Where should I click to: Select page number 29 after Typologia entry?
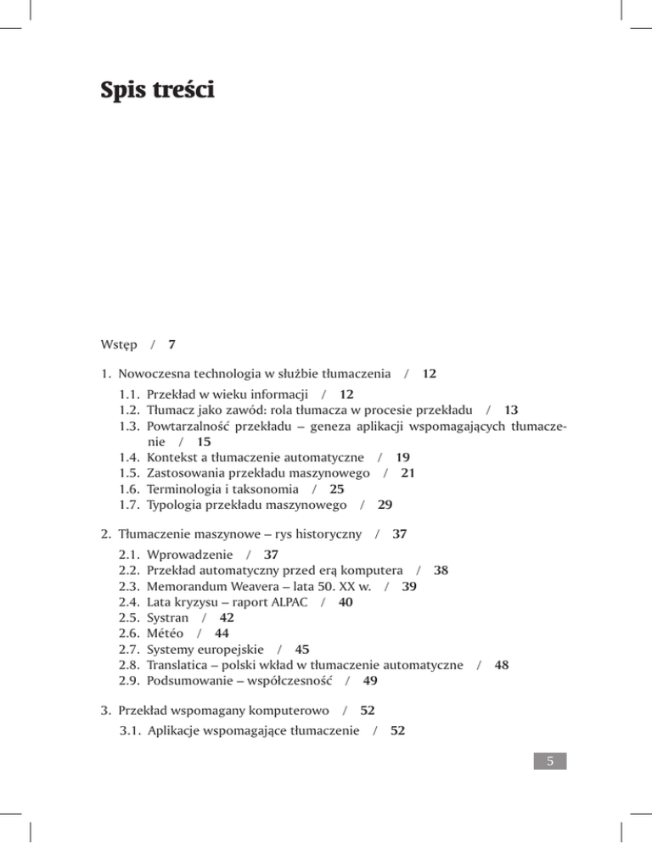click(x=385, y=505)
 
